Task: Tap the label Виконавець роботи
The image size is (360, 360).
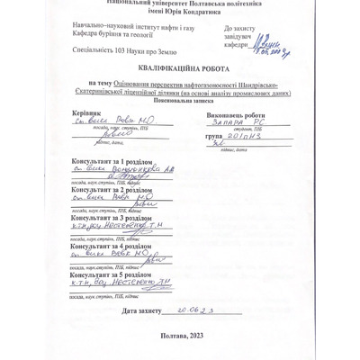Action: pyautogui.click(x=236, y=115)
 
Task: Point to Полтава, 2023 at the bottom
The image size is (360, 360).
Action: pyautogui.click(x=180, y=335)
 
